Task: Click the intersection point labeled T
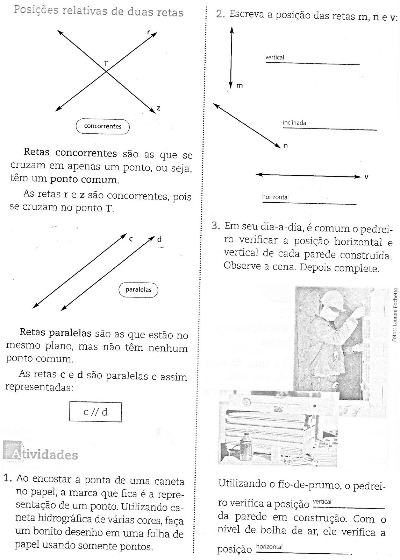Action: (106, 72)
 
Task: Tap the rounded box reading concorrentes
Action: (102, 126)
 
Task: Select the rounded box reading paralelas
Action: (138, 290)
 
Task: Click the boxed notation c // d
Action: (95, 412)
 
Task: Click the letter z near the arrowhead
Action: (158, 108)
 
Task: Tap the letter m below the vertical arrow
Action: (240, 86)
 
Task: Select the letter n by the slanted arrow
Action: (285, 146)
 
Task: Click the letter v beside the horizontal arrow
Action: (366, 177)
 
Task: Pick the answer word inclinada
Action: (294, 123)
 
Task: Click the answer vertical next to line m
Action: (274, 57)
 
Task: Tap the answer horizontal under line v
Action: (275, 197)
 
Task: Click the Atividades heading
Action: (40, 455)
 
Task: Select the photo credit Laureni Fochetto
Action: (395, 314)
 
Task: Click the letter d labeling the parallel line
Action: (159, 239)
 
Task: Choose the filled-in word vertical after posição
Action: (322, 502)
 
